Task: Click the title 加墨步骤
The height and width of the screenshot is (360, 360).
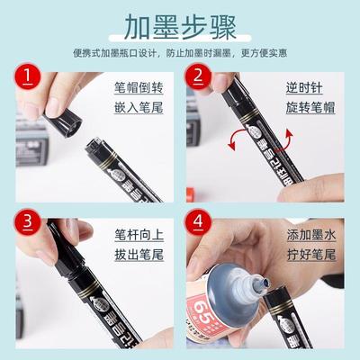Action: tap(180, 22)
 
